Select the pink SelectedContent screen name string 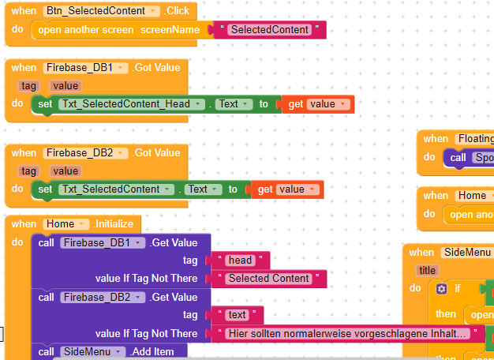point(268,30)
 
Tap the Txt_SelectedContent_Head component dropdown point(132,104)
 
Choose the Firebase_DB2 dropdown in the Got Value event point(85,153)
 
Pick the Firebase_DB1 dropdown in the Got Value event point(85,68)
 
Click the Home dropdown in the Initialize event point(65,224)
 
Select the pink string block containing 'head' point(240,261)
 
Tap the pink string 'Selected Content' point(268,279)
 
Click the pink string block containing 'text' point(238,315)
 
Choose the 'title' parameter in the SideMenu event point(428,270)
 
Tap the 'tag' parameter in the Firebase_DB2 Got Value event point(28,171)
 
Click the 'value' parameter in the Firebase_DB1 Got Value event point(65,85)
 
